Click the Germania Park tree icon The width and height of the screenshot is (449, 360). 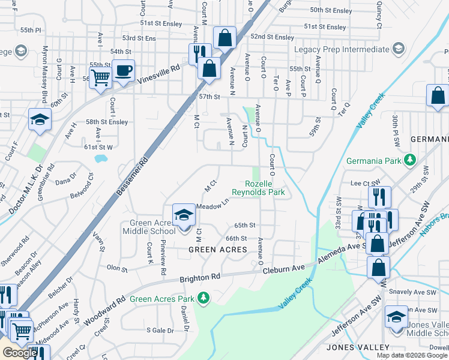[411, 160]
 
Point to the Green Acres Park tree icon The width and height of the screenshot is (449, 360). [203, 298]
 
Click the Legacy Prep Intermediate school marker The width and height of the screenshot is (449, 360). [397, 49]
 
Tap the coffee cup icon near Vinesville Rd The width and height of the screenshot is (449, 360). [123, 71]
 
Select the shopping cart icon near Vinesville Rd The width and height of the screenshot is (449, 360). [100, 77]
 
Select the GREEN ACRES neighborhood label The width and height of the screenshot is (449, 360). [218, 249]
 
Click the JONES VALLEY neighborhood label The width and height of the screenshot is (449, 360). [354, 347]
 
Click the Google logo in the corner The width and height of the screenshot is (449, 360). [20, 353]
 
